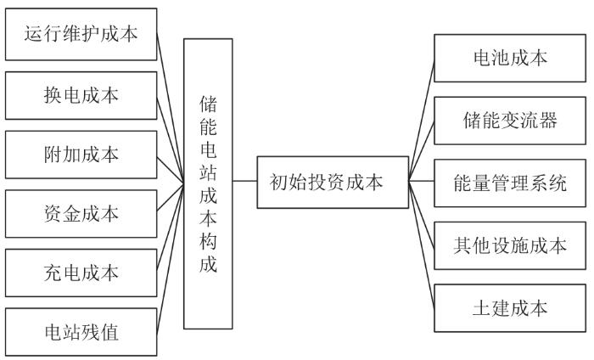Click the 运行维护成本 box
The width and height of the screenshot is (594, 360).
81,35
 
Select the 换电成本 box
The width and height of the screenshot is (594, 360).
81,95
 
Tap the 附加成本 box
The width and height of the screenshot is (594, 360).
81,155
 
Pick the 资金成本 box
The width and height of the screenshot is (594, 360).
81,213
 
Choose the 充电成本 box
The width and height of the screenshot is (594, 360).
81,273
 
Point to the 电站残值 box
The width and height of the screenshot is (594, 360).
81,332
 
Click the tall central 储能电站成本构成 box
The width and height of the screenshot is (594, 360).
208,183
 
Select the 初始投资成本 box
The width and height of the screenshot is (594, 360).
333,182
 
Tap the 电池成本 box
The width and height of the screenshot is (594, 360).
509,58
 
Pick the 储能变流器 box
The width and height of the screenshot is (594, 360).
509,120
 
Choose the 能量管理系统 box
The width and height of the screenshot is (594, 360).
509,182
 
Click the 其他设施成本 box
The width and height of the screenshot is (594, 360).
509,245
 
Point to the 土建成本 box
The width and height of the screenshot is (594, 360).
509,307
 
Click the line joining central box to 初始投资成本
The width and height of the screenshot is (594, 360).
244,182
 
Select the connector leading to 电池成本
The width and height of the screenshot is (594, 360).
421,119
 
